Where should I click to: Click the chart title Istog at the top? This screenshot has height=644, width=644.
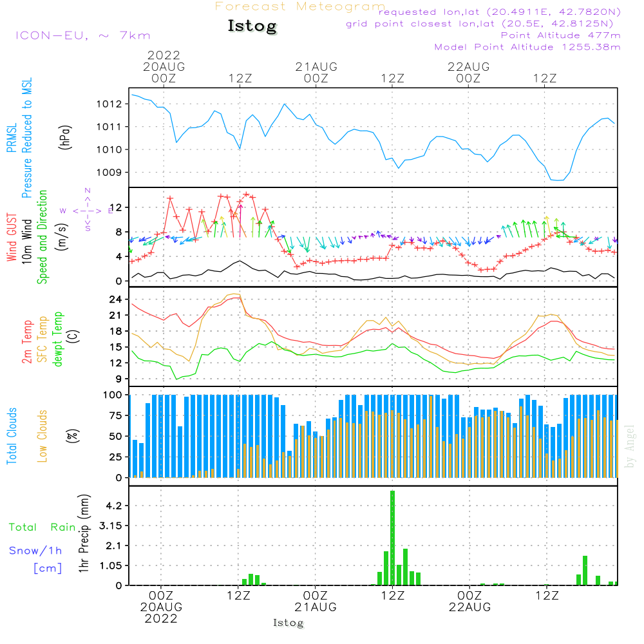(252, 26)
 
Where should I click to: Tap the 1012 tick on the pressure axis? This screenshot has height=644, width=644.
(109, 104)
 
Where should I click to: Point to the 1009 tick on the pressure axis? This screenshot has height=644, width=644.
(109, 173)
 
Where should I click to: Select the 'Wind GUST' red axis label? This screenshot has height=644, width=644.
(12, 237)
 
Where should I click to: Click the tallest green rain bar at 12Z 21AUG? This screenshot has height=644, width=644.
(393, 538)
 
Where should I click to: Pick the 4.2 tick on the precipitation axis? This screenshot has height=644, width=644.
(114, 506)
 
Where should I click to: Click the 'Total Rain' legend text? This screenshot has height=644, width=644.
(43, 527)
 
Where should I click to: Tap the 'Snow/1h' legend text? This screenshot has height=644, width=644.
(35, 551)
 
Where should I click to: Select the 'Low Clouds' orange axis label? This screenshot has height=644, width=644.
(43, 436)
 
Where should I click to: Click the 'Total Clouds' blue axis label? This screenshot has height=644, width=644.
(12, 436)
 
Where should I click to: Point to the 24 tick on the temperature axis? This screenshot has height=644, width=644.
(115, 299)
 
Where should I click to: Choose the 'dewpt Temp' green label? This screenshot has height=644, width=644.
(58, 339)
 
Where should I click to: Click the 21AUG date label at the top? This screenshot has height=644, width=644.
(316, 67)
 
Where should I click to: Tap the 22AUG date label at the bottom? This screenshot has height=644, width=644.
(469, 607)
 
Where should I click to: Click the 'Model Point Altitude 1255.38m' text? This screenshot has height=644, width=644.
(527, 47)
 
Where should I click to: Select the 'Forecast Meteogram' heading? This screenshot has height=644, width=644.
(300, 6)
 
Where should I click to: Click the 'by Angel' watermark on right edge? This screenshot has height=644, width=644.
(630, 446)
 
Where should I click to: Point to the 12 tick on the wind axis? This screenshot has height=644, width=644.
(115, 207)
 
